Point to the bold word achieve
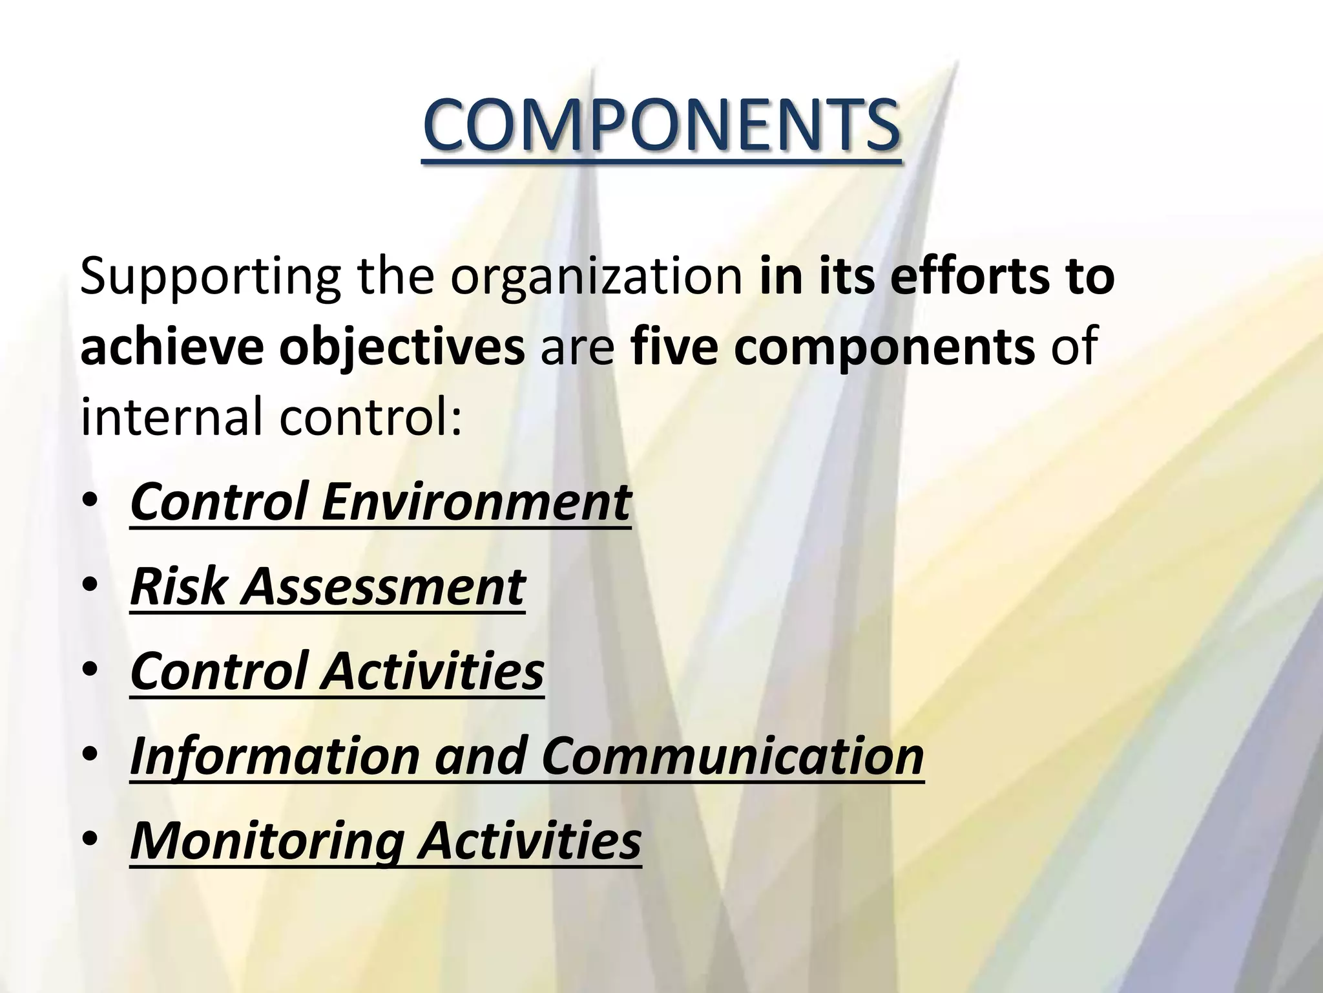[x=172, y=347]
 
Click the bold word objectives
[x=402, y=347]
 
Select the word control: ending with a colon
[x=371, y=417]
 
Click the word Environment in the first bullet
[x=476, y=502]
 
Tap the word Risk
[x=178, y=587]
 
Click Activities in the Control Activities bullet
[x=433, y=671]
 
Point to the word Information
[x=275, y=756]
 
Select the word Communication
[x=733, y=756]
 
